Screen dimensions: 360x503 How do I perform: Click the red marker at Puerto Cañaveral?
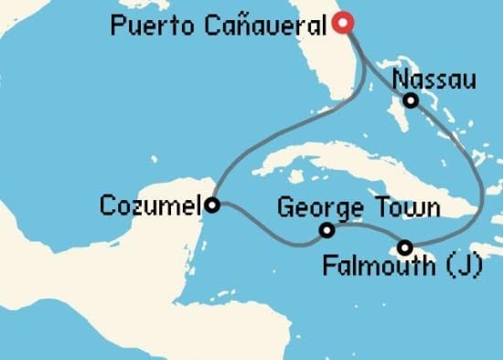pos(342,23)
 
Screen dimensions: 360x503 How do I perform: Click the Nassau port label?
pos(433,80)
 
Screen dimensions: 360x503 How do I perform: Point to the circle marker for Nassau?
pos(412,101)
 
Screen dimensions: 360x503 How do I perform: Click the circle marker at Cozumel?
pos(211,205)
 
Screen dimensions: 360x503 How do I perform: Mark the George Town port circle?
pos(326,230)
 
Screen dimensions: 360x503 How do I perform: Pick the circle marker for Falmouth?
pos(404,248)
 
